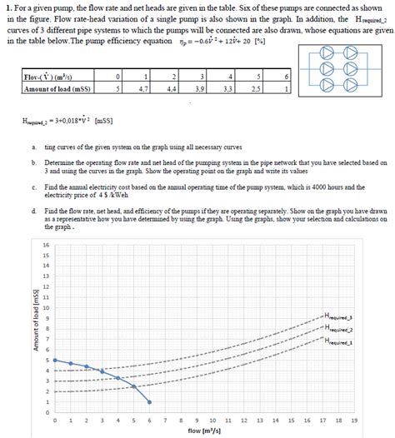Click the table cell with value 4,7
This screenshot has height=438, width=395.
143,86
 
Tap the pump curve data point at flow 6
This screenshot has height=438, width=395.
150,402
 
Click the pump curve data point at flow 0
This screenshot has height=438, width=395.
55,360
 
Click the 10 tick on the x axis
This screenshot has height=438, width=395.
212,421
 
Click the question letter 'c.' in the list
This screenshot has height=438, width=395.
32,187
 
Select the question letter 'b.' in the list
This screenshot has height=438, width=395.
32,163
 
